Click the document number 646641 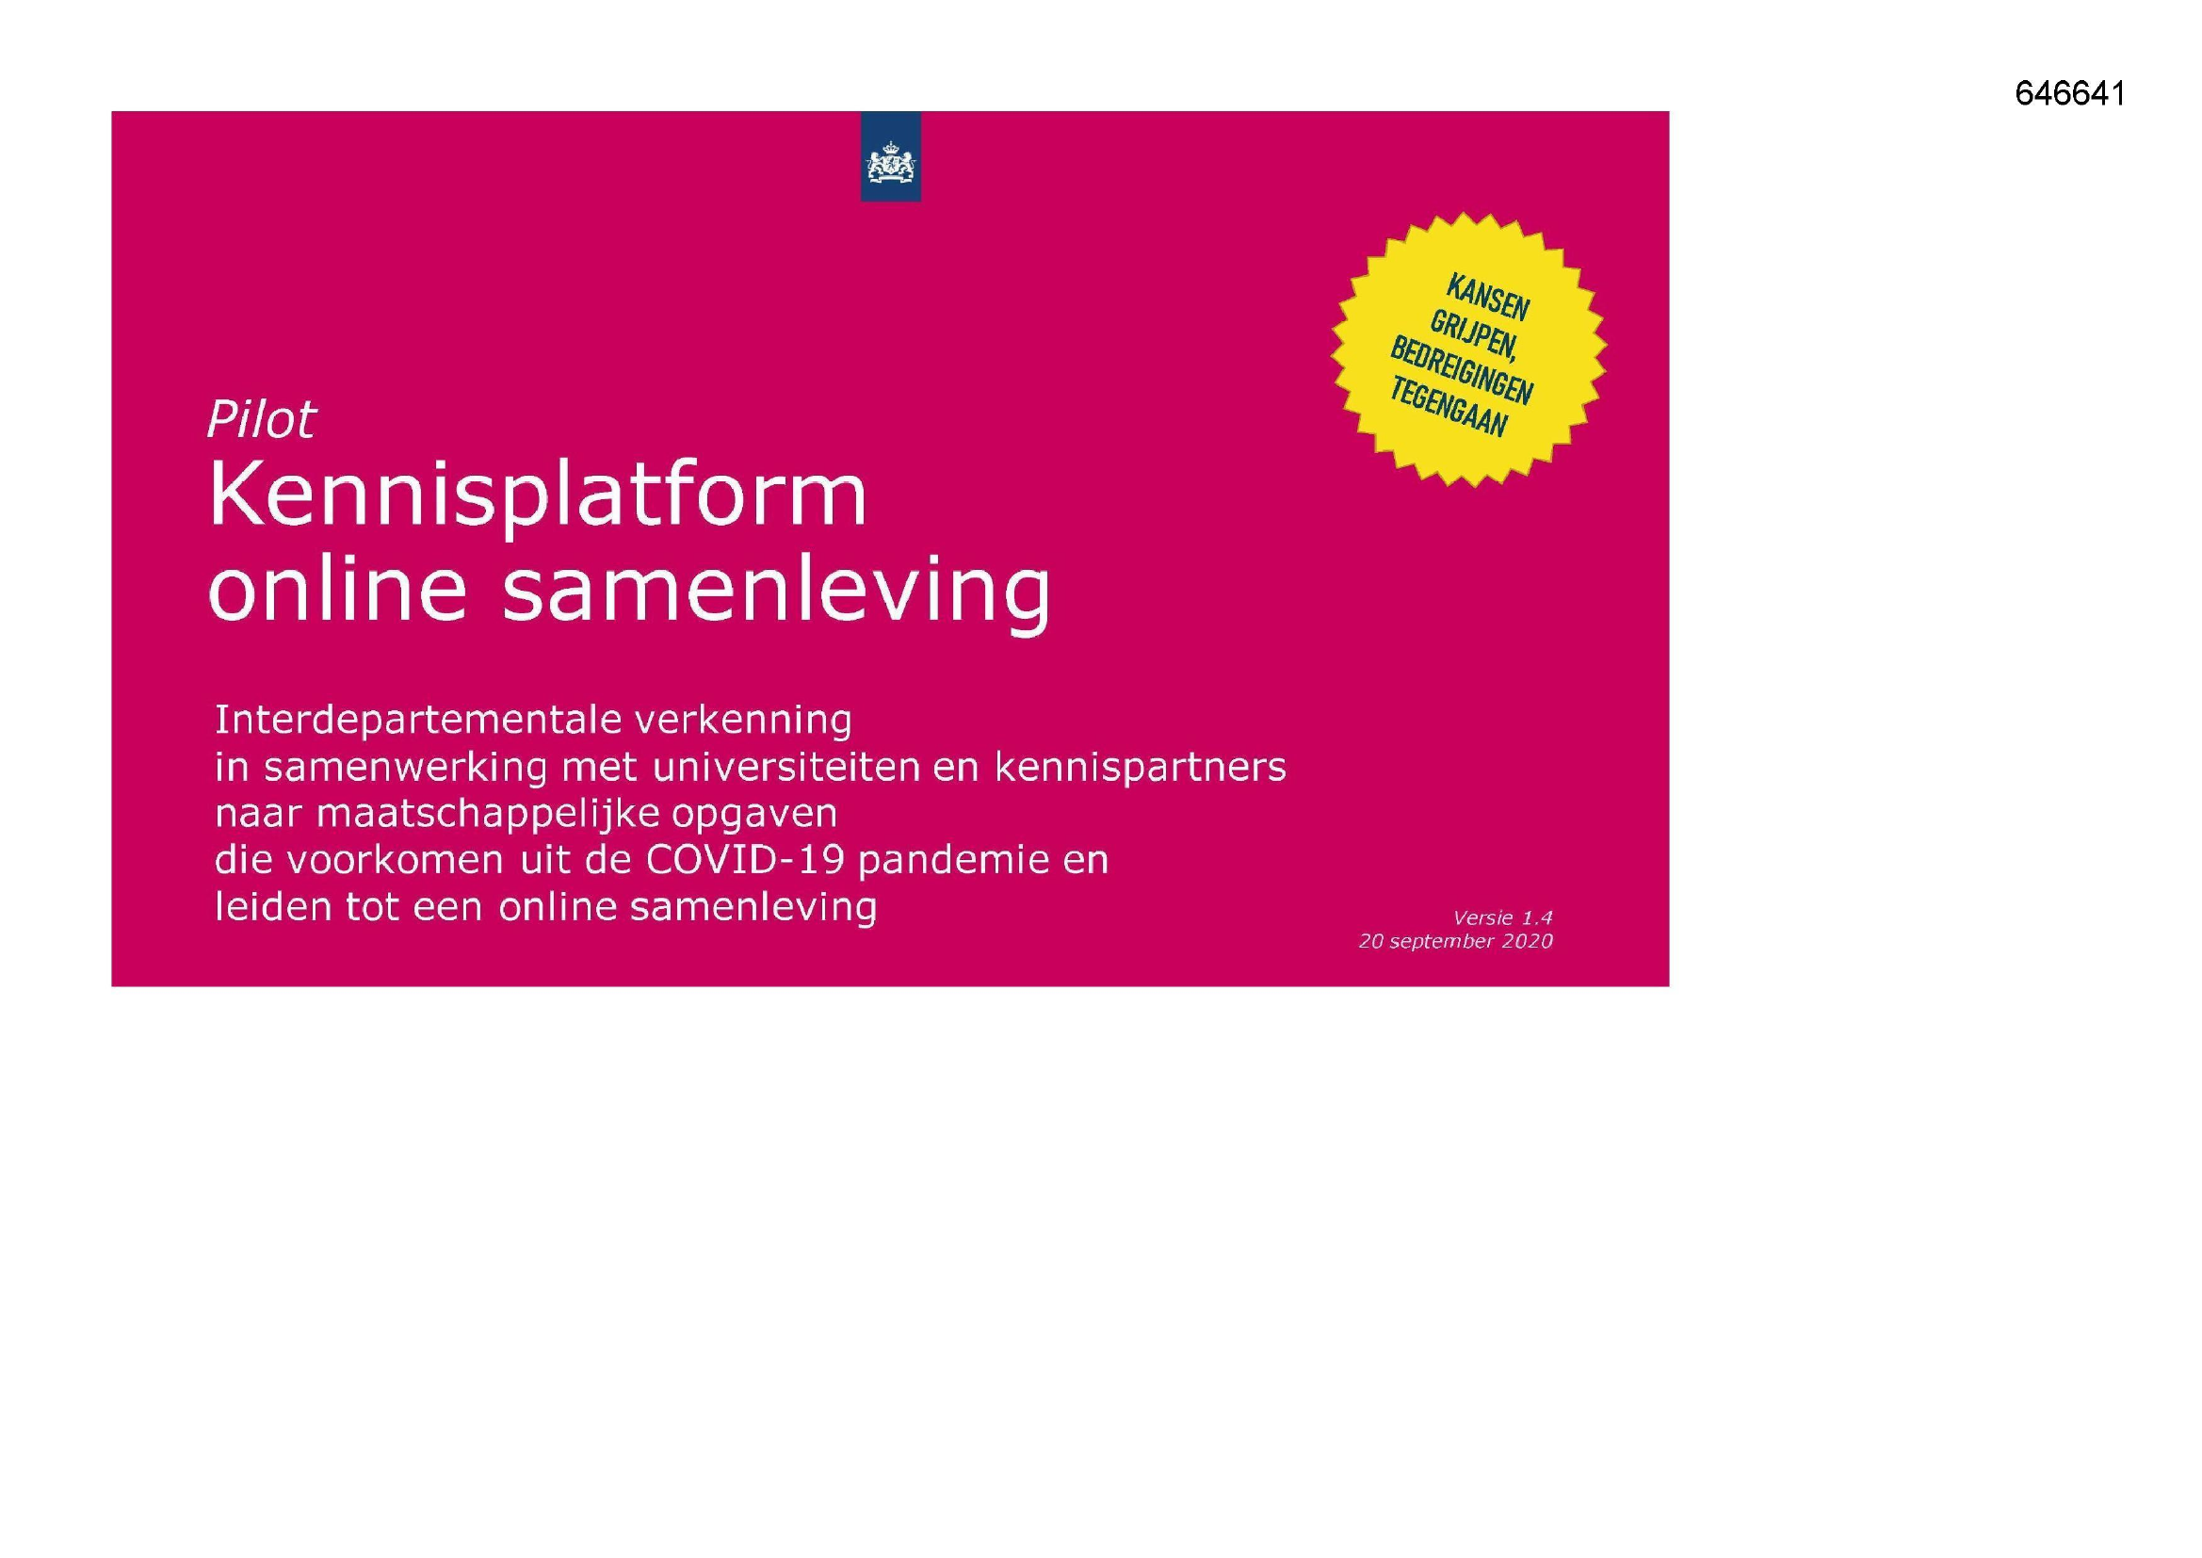pyautogui.click(x=2069, y=93)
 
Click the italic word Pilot pyautogui.click(x=261, y=419)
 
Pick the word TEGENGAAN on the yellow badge pyautogui.click(x=1449, y=408)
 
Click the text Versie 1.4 pyautogui.click(x=1502, y=918)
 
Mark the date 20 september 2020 pyautogui.click(x=1455, y=942)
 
